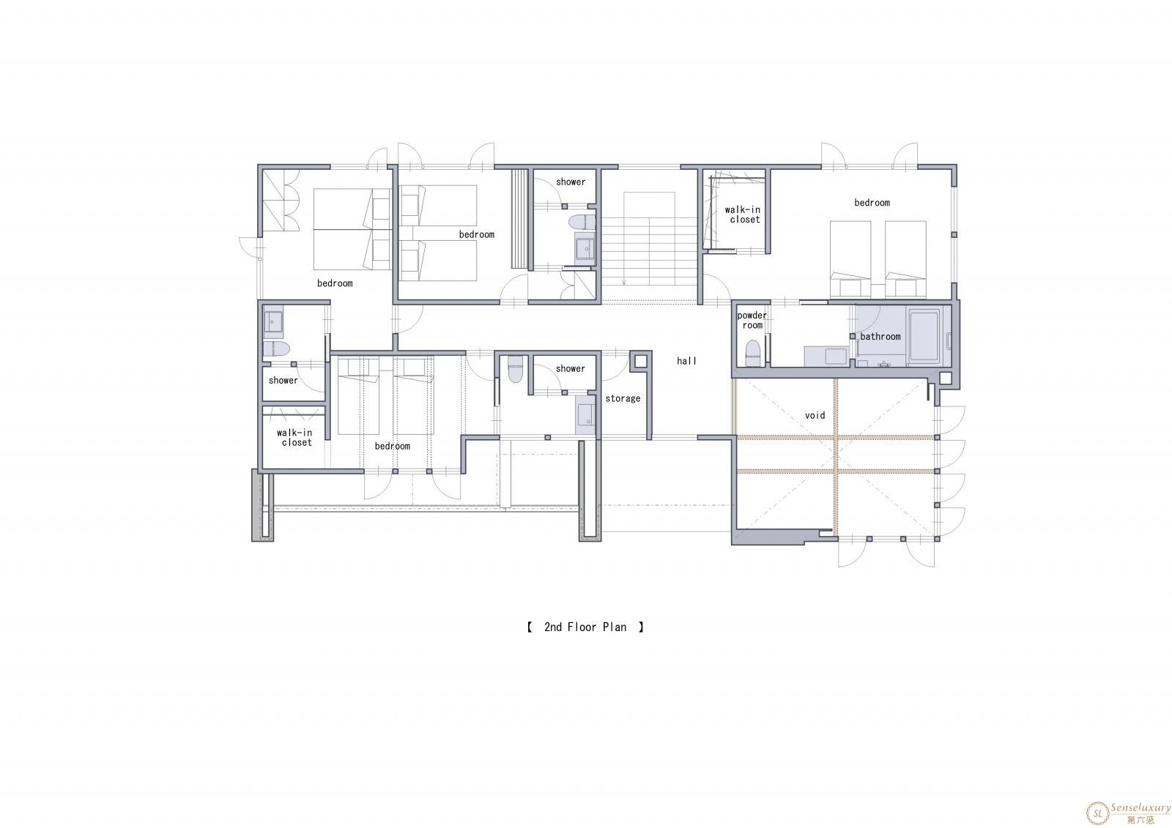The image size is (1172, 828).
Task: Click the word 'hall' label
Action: [686, 361]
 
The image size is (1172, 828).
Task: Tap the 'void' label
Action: [815, 415]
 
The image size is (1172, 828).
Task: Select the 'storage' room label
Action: [623, 398]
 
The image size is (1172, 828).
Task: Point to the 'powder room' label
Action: [752, 320]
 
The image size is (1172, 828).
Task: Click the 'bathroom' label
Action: [880, 337]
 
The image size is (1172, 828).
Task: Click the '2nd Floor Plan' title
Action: [585, 627]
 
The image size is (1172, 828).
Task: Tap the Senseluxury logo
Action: [1128, 813]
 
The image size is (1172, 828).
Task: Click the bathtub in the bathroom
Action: [924, 336]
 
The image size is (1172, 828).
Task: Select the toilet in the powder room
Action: [752, 354]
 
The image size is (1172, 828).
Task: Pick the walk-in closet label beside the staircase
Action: [743, 215]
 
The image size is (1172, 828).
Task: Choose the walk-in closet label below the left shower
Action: [294, 438]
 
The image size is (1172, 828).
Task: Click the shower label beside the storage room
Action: [571, 369]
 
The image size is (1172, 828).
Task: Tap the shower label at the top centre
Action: [571, 182]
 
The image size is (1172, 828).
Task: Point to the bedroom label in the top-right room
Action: [872, 203]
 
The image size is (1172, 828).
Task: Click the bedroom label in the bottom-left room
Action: [393, 446]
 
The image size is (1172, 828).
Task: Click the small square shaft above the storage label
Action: [641, 362]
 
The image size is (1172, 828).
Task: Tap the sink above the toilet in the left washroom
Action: [273, 321]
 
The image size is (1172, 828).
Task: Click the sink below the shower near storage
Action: [586, 415]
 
